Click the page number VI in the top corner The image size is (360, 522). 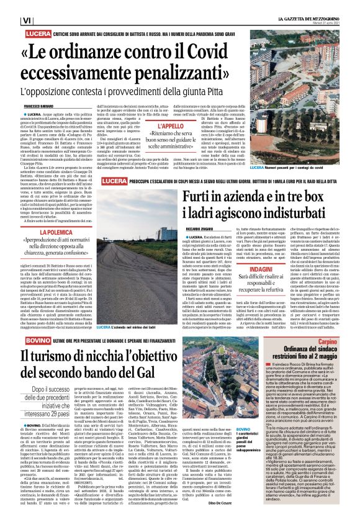pyautogui.click(x=9, y=20)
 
